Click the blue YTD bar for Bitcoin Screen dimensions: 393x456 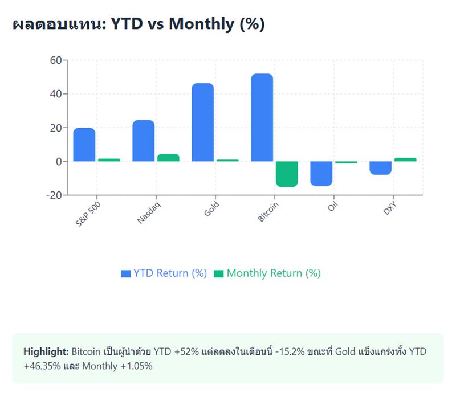point(262,117)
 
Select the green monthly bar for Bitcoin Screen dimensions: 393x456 point(287,174)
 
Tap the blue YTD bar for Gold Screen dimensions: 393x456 point(202,122)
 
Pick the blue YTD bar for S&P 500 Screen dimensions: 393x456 point(84,145)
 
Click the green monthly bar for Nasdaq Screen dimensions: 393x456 point(168,158)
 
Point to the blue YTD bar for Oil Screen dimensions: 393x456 point(321,173)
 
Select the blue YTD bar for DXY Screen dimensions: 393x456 point(380,168)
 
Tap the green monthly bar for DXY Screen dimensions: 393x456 point(405,159)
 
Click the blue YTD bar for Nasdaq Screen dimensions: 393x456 point(143,141)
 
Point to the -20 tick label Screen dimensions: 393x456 point(53,195)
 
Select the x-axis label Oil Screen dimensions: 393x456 point(333,206)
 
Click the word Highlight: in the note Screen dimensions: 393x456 point(46,351)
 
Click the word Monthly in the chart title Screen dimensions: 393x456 point(201,24)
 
